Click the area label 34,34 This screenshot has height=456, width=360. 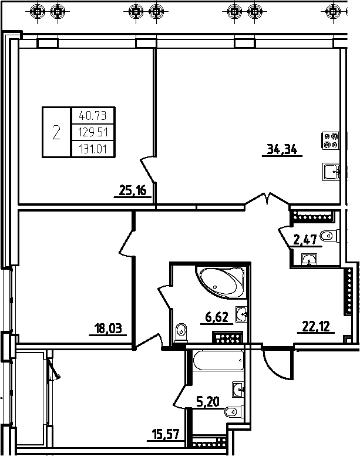pyautogui.click(x=282, y=149)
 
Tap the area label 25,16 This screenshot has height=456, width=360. pyautogui.click(x=133, y=190)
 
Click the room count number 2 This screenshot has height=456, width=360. pyautogui.click(x=56, y=132)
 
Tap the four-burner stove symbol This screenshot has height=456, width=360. pyautogui.click(x=331, y=140)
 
